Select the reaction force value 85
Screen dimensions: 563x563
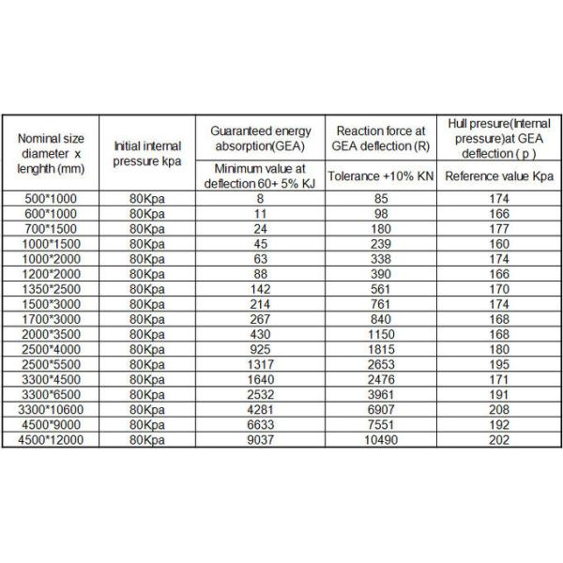click(379, 199)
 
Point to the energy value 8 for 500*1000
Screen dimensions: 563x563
click(258, 199)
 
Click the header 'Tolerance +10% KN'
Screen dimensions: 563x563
click(379, 176)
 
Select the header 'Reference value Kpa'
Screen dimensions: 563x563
click(499, 176)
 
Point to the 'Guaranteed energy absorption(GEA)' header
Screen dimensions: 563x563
click(258, 137)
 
